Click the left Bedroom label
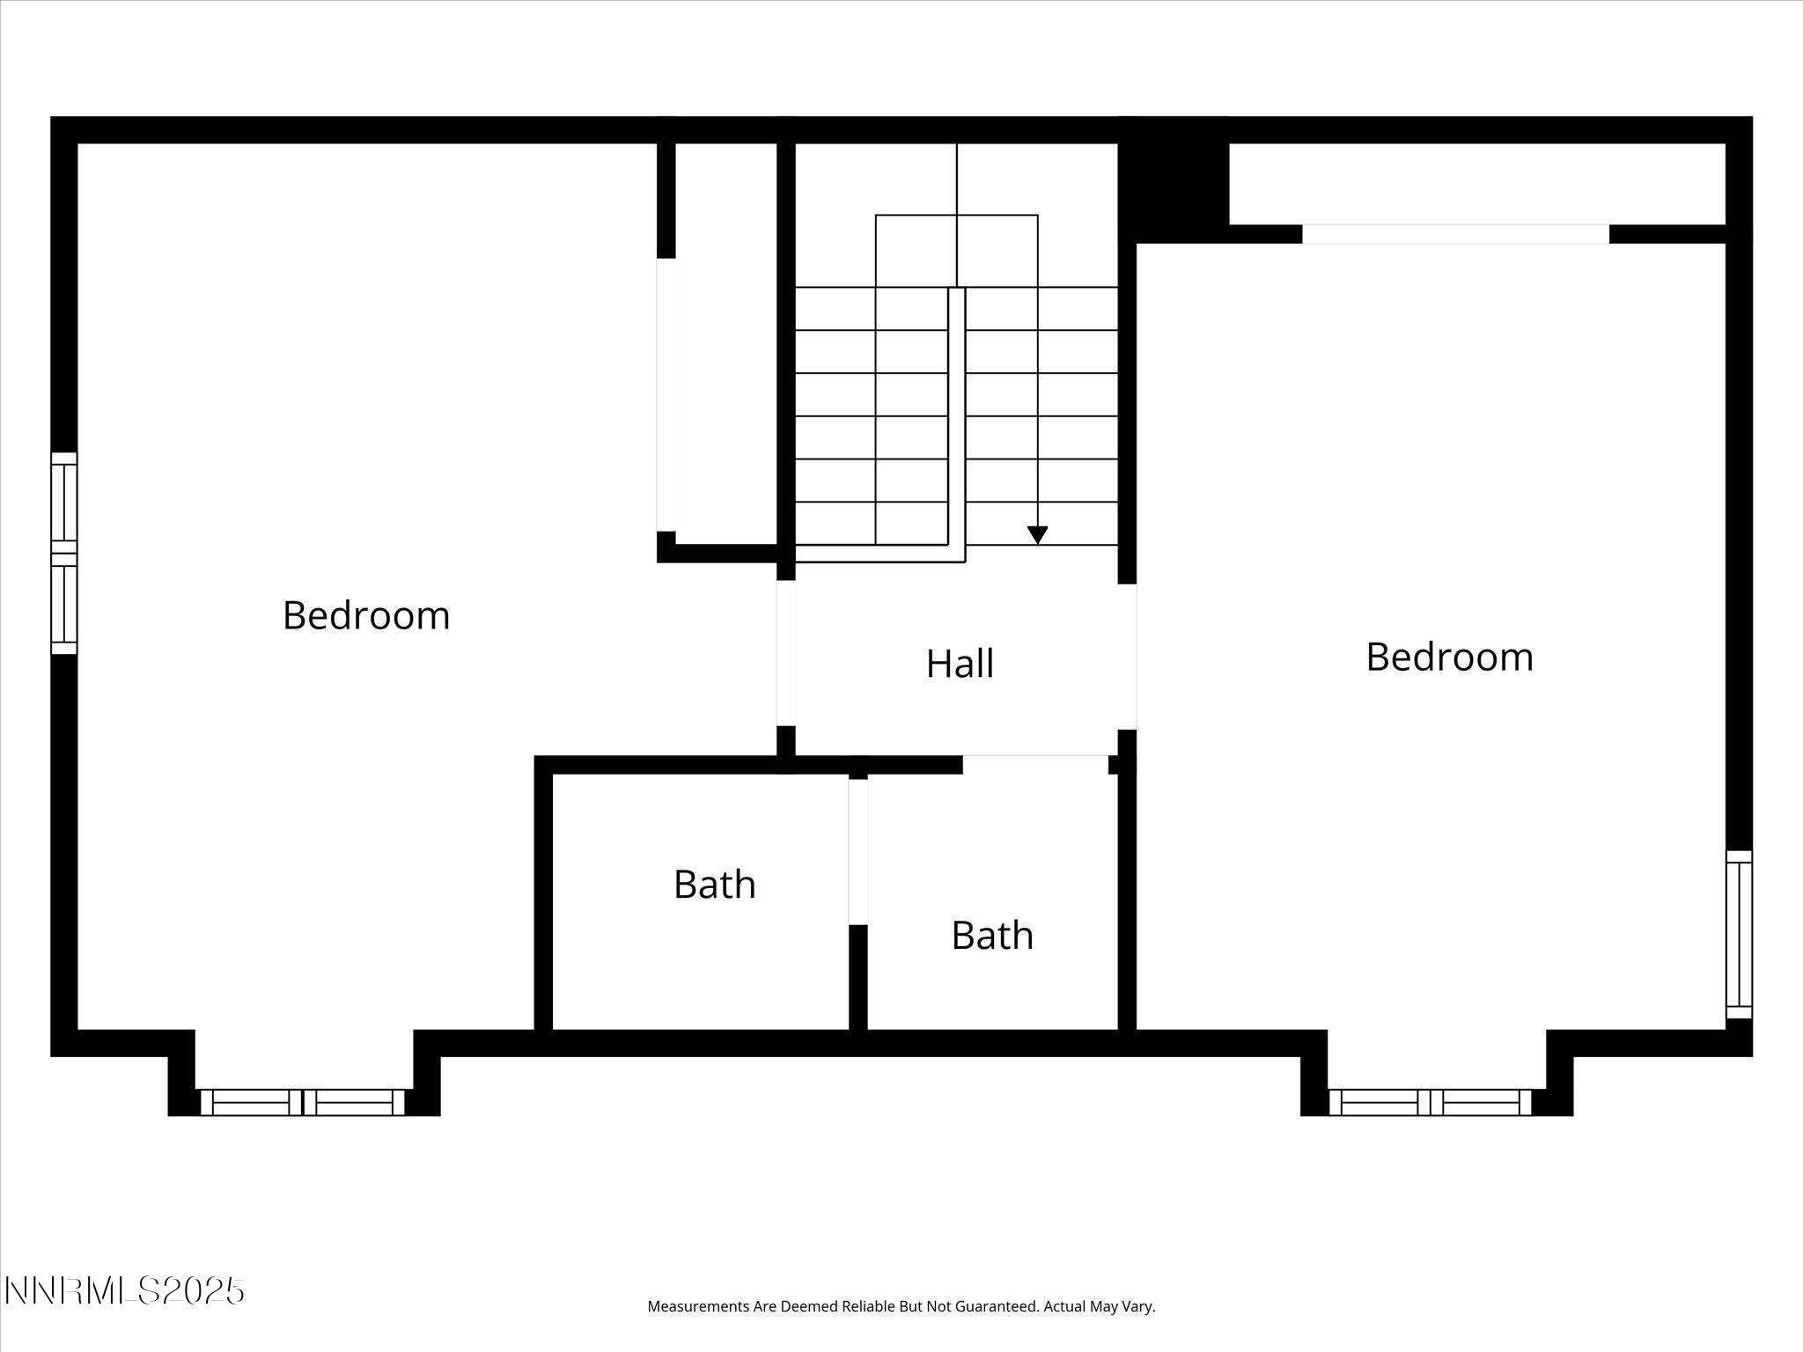[x=366, y=615]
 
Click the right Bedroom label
[x=1449, y=658]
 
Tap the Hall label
[x=960, y=664]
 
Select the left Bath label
[x=714, y=885]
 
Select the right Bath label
[x=992, y=935]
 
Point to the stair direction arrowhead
[x=1038, y=534]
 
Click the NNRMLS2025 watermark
[x=124, y=1291]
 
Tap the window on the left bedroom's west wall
[x=64, y=553]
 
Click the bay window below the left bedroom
[x=303, y=1102]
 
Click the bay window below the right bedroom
[x=1431, y=1102]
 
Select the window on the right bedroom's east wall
[x=1739, y=934]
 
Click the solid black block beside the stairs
[x=1173, y=180]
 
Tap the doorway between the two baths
[x=858, y=851]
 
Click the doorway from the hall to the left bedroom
[x=786, y=652]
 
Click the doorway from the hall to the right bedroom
[x=1128, y=657]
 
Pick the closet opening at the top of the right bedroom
[x=1455, y=234]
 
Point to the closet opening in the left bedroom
[x=666, y=394]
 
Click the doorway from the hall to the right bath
[x=1034, y=764]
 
